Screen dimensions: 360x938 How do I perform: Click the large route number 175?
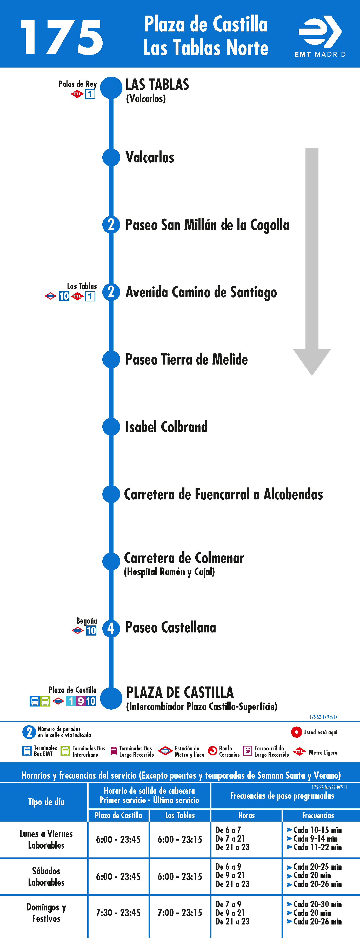[x=62, y=37]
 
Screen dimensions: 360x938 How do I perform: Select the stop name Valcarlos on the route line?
[x=150, y=157]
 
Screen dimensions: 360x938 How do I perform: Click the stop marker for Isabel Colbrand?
[x=111, y=427]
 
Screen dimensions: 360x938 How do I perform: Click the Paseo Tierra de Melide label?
[x=186, y=359]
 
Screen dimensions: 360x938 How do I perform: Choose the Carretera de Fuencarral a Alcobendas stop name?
[x=223, y=494]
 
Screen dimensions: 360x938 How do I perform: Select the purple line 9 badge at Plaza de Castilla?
[x=81, y=701]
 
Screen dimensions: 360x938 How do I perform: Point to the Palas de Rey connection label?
[x=78, y=84]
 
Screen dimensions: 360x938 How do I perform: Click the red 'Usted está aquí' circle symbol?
[x=296, y=732]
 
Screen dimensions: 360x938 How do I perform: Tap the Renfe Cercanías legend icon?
[x=212, y=751]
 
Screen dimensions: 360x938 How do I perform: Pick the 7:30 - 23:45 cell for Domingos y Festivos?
[x=118, y=913]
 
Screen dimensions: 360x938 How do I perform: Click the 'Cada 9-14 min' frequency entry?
[x=315, y=838]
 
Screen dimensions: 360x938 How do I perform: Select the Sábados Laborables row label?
[x=46, y=876]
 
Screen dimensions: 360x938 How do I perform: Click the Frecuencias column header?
[x=318, y=815]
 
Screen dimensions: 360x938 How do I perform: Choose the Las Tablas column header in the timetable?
[x=180, y=815]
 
